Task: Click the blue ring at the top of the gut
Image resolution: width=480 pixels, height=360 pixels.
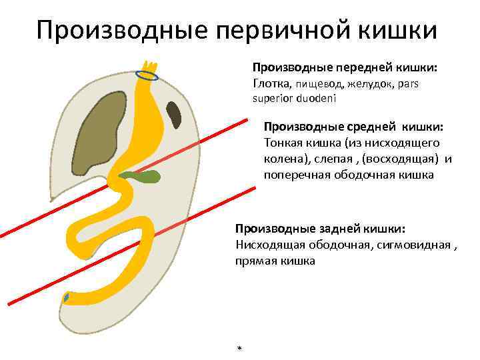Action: click(147, 75)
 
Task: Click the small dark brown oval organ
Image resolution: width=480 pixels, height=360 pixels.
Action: click(174, 115)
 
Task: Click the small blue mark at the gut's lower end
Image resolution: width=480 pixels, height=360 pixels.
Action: click(66, 298)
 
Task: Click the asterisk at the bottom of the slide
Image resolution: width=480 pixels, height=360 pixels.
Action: click(239, 349)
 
